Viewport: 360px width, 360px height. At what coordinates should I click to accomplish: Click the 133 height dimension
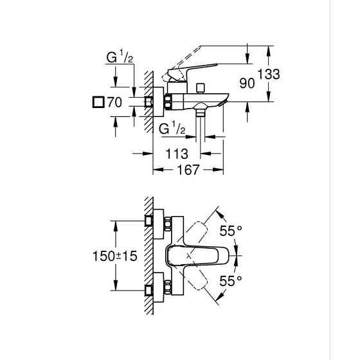[x=269, y=75]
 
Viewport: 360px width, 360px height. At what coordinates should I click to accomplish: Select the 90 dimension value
[x=248, y=84]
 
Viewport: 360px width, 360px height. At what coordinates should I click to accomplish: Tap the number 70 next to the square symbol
[x=114, y=102]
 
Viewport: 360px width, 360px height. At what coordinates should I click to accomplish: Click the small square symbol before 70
[x=98, y=102]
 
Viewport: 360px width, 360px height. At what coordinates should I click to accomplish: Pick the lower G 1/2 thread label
[x=172, y=129]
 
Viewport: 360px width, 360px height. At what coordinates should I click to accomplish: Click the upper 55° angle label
[x=231, y=230]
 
